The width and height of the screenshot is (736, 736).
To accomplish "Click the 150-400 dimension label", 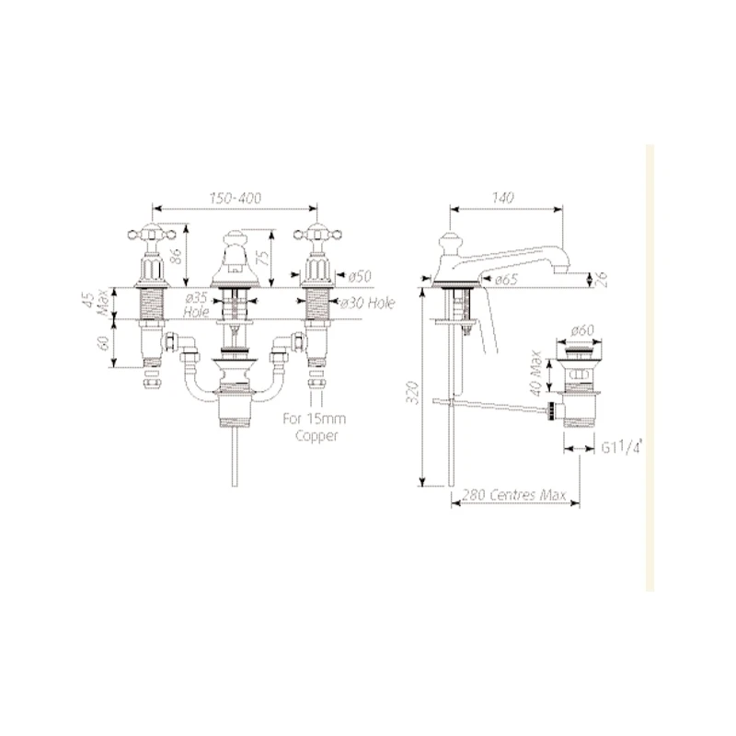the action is click(x=236, y=198).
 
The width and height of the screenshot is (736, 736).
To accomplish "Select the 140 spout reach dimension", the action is click(x=502, y=198).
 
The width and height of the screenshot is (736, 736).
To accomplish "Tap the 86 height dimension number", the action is click(x=176, y=256).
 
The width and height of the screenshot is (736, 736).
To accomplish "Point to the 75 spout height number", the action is click(x=264, y=258).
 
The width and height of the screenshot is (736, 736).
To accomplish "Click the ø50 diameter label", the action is click(x=360, y=277).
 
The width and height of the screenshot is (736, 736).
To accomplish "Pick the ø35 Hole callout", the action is click(x=196, y=305).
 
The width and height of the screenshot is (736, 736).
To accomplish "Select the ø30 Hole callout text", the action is click(x=367, y=304).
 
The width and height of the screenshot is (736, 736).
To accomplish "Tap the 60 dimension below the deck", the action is click(x=104, y=342).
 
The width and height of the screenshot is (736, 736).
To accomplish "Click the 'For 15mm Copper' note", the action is click(x=314, y=427).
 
